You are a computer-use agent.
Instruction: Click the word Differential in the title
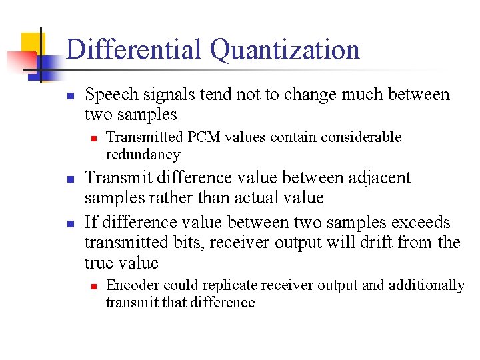pos(133,50)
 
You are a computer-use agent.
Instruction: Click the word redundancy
pos(143,155)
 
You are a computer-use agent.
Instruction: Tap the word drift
pos(359,243)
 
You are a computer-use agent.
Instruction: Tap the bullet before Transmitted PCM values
pos(94,138)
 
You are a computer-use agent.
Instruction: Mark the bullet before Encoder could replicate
pos(94,286)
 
